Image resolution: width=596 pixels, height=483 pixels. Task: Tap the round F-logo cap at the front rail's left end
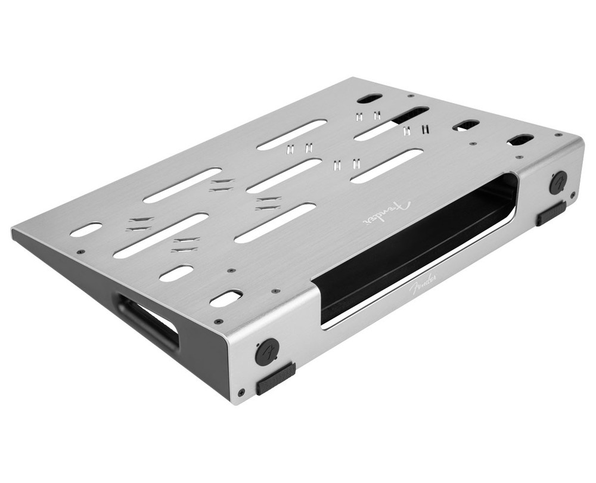268,351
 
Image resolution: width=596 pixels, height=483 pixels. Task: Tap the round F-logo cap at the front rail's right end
558,182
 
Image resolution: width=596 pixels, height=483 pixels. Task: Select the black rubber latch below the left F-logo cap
276,379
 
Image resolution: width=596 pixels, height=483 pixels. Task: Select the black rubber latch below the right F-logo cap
551,214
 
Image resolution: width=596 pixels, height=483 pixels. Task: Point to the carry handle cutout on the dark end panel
147,321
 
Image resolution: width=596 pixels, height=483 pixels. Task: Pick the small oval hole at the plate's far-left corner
86,230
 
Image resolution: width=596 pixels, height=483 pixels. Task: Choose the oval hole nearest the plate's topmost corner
370,98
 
